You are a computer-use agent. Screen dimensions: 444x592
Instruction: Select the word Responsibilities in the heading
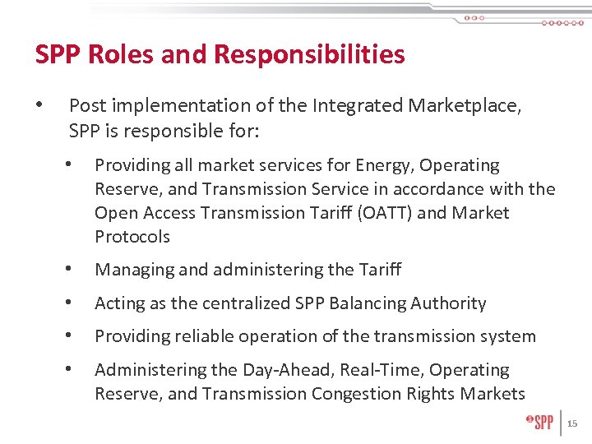[309, 54]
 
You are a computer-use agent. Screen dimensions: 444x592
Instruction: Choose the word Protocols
[132, 237]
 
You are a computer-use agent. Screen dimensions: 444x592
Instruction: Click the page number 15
[573, 423]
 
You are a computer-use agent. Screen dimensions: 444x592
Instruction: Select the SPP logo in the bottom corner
[539, 423]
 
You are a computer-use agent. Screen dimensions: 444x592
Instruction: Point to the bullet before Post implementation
[39, 105]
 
